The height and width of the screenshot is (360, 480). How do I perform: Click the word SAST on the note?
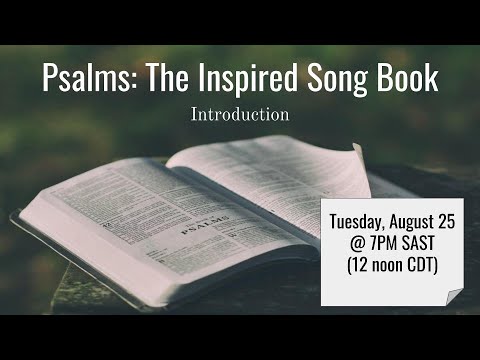click(x=425, y=243)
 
